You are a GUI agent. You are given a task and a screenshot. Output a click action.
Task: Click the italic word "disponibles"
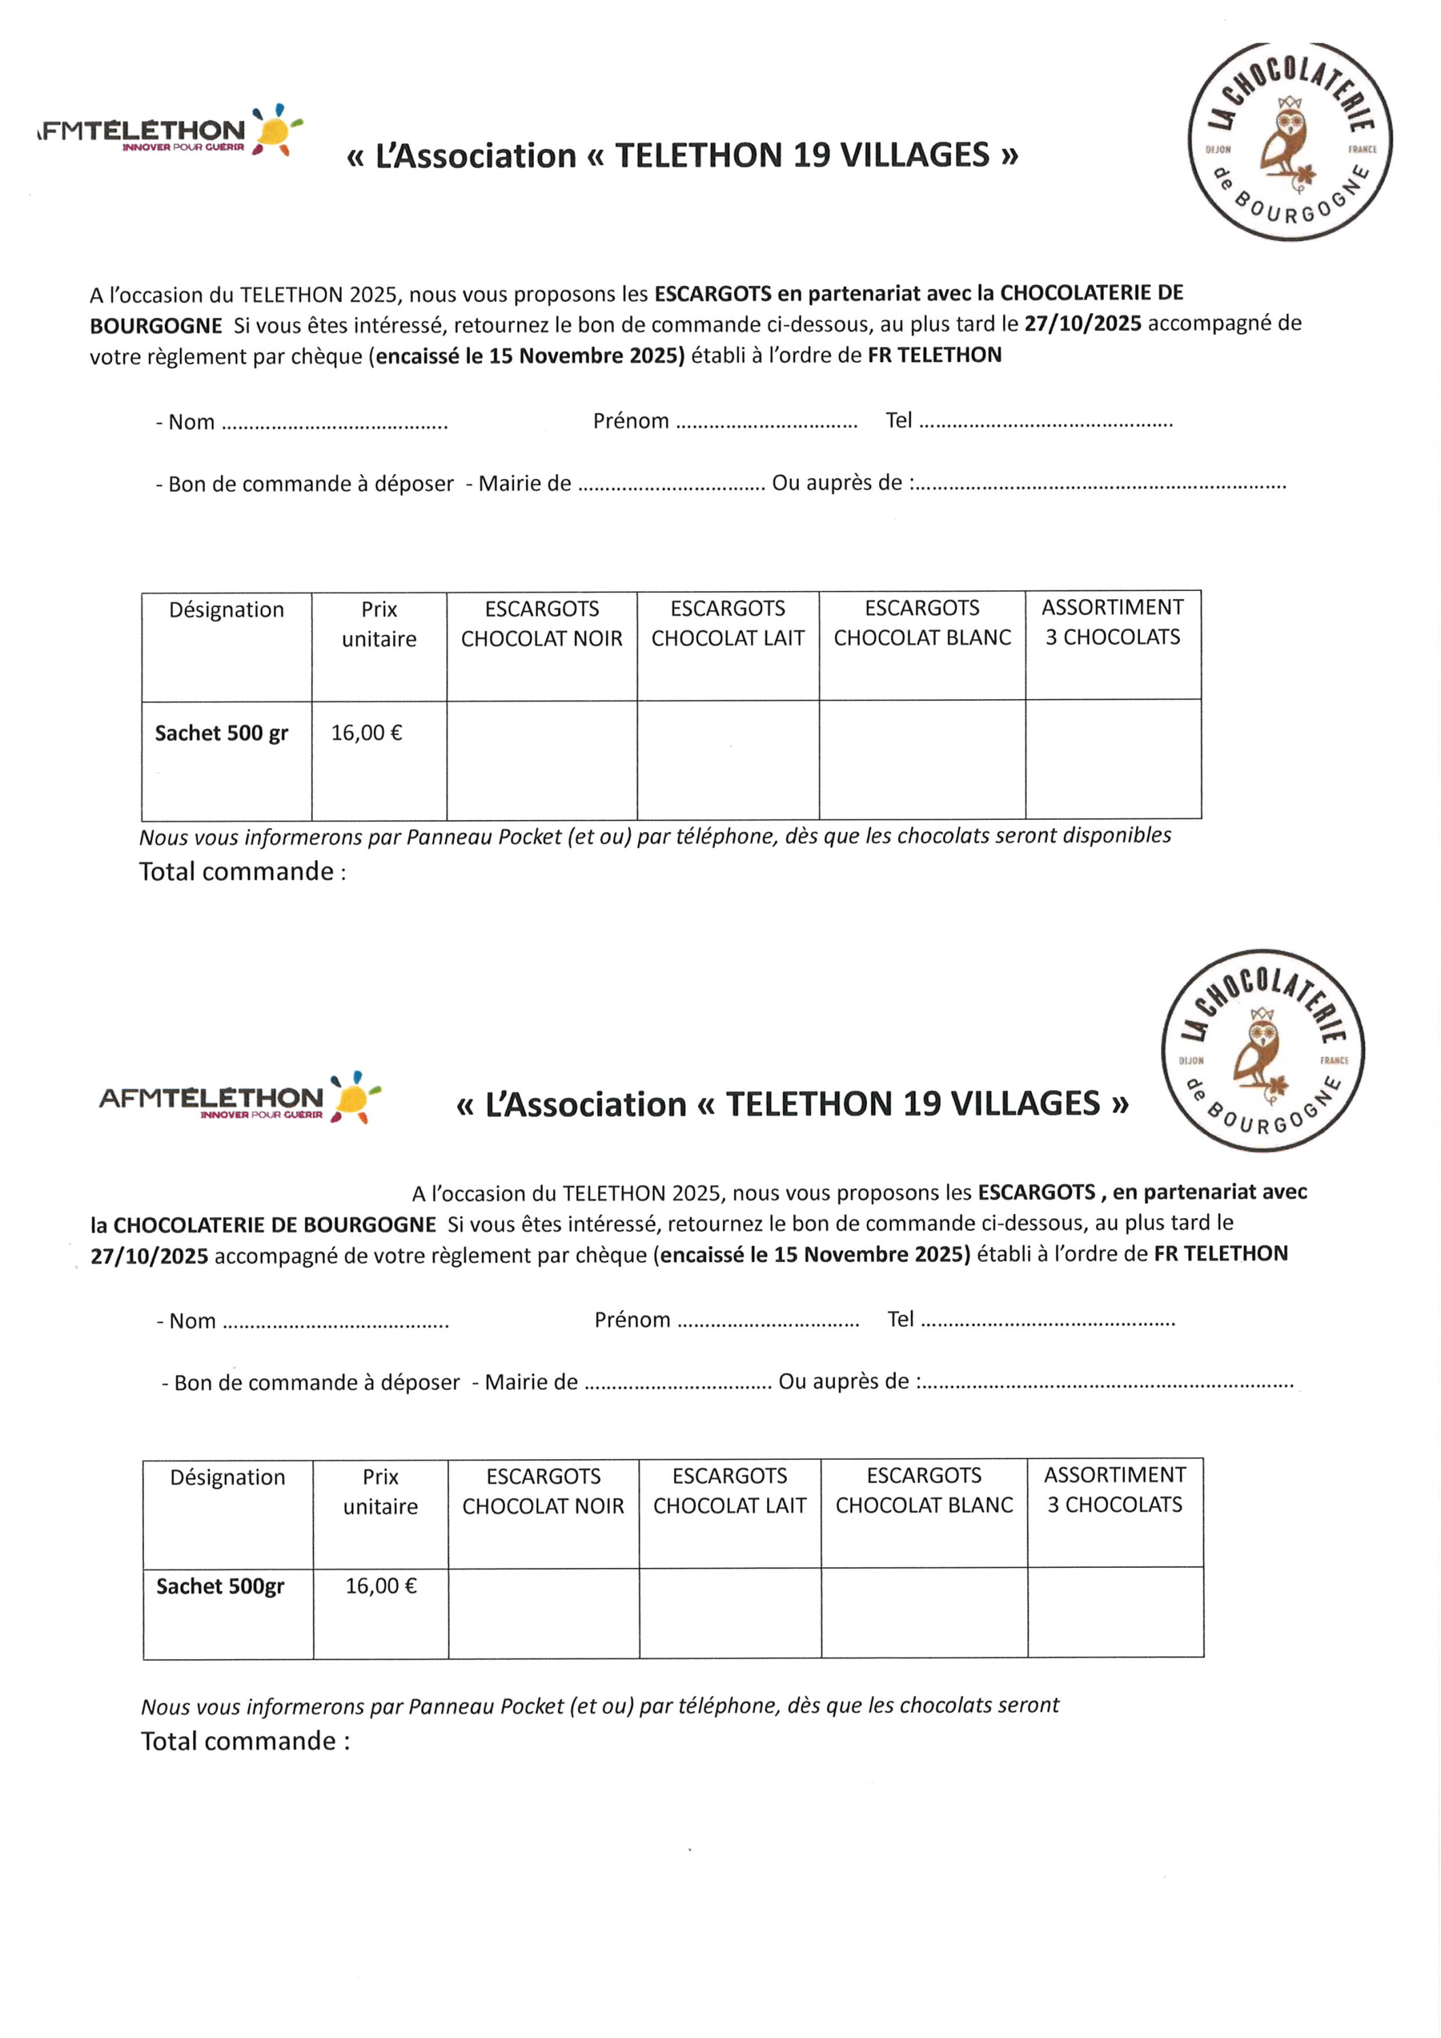[1116, 836]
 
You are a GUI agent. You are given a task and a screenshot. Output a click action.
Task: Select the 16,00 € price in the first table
[366, 733]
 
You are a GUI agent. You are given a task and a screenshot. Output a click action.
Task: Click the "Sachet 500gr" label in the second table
[220, 1586]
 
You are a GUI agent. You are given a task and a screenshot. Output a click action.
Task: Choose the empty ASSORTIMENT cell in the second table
[1115, 1611]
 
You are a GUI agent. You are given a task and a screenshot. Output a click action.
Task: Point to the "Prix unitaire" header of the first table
[379, 624]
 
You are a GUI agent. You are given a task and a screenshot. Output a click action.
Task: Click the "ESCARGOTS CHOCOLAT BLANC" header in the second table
[923, 1490]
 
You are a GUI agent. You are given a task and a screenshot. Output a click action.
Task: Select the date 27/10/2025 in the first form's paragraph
[1082, 324]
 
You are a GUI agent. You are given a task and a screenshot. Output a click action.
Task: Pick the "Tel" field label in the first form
[899, 421]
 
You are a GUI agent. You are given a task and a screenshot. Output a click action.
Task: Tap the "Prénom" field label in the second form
[632, 1320]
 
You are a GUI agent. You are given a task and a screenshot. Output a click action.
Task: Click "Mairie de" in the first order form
[524, 484]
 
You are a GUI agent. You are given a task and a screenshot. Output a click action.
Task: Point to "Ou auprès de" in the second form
[843, 1382]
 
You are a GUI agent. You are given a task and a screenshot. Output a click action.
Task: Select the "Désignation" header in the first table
[226, 610]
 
